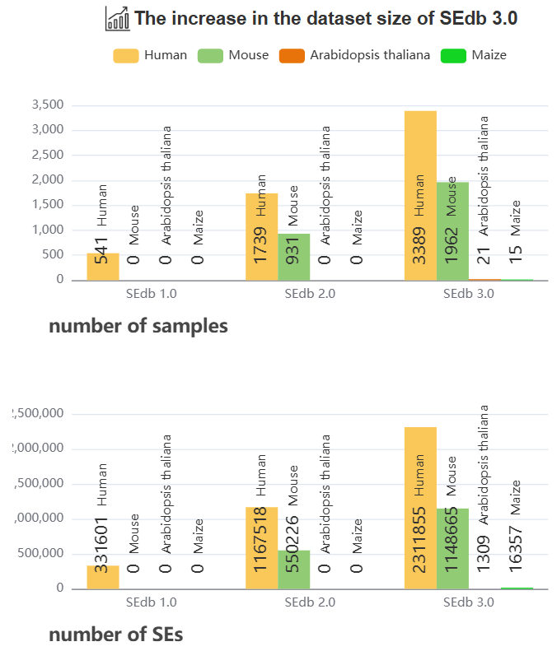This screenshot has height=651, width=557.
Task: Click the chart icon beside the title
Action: [118, 18]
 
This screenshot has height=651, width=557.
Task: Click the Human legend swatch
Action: [125, 56]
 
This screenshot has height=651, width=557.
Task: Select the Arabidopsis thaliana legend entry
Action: [354, 56]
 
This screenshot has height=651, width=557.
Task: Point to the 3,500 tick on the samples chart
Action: [46, 105]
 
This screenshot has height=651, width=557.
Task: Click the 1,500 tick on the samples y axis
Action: [46, 205]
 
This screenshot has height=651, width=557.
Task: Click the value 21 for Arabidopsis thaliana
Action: [484, 255]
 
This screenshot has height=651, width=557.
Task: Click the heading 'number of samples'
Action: [138, 326]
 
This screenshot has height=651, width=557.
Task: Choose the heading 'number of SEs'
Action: [116, 635]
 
